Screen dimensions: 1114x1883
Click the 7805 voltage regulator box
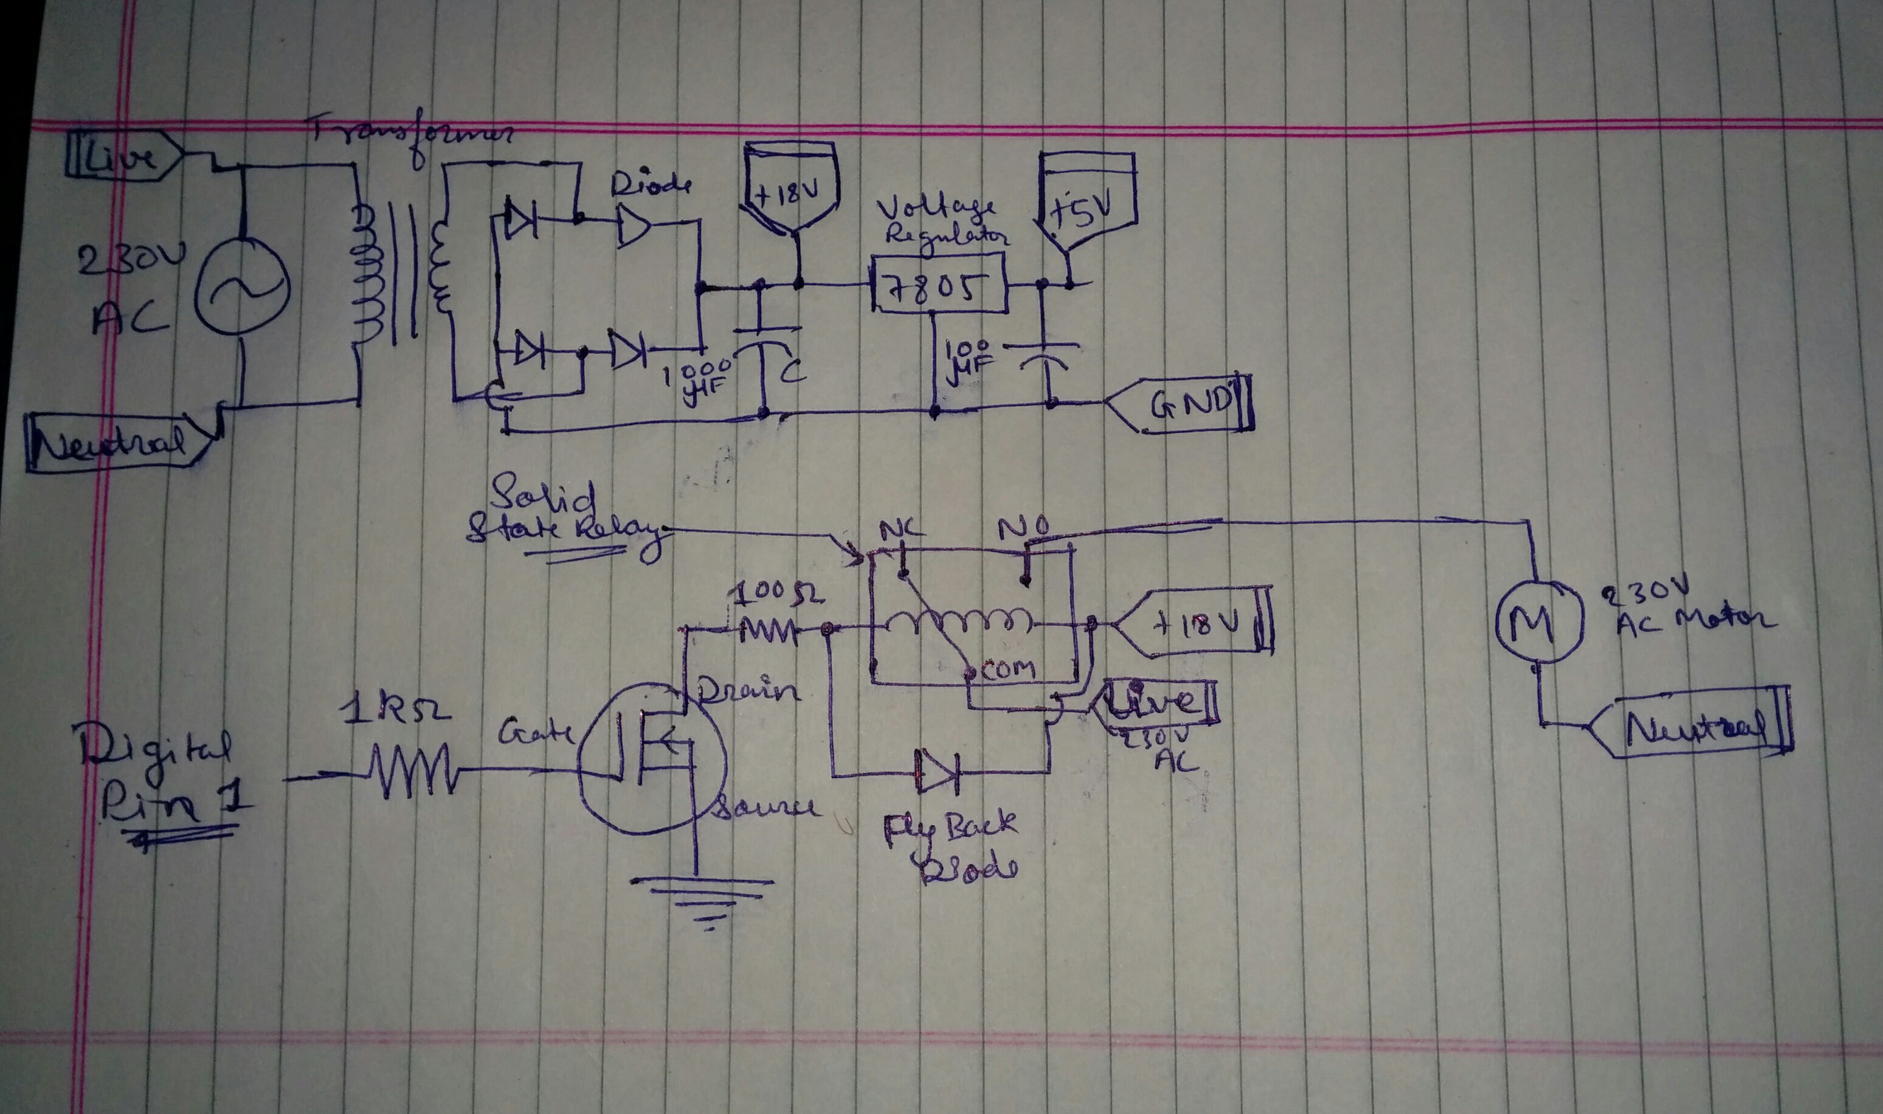938,284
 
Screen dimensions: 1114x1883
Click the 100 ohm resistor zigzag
767,631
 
